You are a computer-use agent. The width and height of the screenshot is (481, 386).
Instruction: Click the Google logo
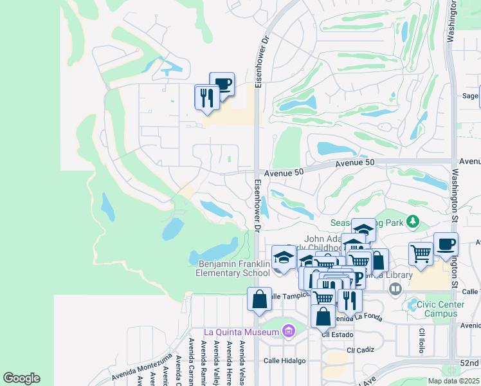(21, 378)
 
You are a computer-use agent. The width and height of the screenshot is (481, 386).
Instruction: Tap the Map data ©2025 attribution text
(453, 381)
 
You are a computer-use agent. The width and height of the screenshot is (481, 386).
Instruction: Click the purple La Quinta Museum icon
(288, 332)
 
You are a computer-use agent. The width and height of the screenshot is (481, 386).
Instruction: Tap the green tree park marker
(412, 223)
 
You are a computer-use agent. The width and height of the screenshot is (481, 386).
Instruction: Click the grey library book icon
(395, 289)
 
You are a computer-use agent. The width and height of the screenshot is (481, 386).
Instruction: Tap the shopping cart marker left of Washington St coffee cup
(421, 253)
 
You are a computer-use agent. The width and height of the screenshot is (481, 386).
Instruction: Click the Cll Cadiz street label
(360, 350)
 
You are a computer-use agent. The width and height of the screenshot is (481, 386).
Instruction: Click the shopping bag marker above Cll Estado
(323, 317)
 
